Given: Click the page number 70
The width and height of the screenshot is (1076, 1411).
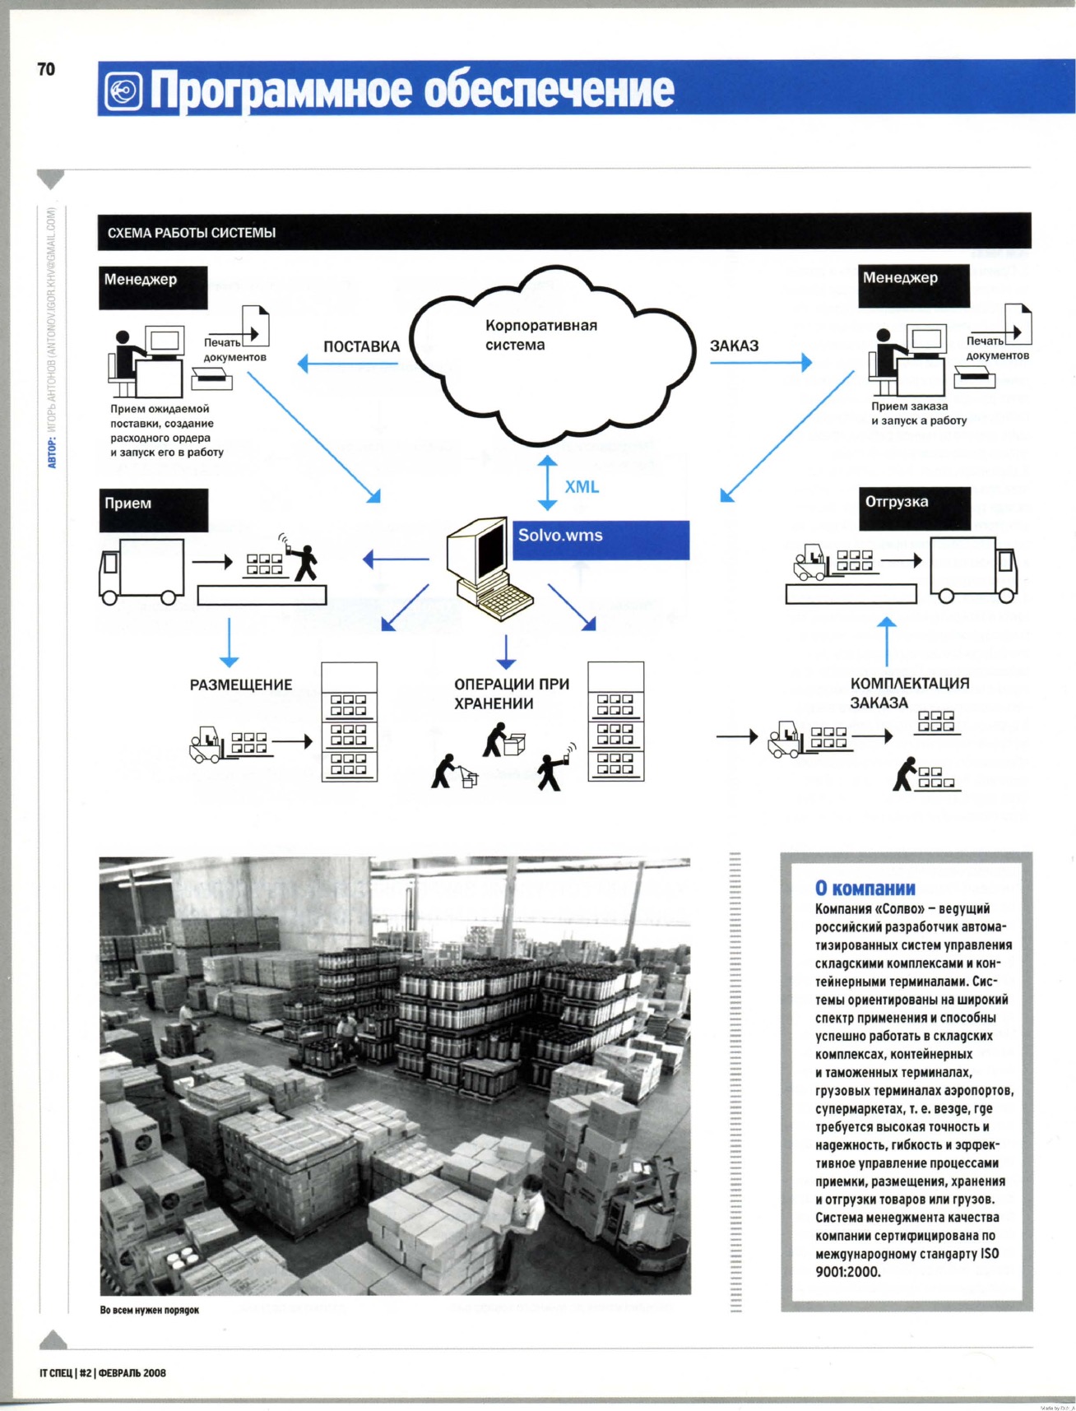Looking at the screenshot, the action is tap(46, 69).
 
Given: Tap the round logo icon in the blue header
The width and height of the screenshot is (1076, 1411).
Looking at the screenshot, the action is tap(123, 91).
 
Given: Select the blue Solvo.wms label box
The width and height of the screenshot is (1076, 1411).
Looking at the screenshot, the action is tap(601, 540).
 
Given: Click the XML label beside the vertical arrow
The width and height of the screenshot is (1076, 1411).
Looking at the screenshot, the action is tap(582, 487).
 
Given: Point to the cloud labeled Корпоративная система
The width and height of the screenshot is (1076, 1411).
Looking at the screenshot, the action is tap(551, 354).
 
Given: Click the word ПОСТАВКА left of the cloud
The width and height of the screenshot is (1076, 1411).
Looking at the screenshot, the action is tap(361, 347).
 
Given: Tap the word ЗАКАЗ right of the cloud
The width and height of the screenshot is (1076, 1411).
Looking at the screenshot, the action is tap(734, 346).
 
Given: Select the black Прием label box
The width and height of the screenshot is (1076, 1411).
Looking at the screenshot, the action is tap(154, 510).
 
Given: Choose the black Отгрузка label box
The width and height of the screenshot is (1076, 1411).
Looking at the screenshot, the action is tap(914, 508).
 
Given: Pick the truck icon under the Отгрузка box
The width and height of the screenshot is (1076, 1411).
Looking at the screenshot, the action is tap(974, 570).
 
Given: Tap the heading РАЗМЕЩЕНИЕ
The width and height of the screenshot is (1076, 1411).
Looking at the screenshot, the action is tap(241, 685).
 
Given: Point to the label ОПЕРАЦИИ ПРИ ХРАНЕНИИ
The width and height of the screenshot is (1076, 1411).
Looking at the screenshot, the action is tap(512, 694).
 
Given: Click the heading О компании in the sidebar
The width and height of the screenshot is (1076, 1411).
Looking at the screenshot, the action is tap(865, 889).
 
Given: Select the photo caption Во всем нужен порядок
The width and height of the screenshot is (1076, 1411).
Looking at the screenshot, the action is tap(150, 1310).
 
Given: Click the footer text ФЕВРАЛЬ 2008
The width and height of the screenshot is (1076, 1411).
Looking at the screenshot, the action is tap(132, 1372).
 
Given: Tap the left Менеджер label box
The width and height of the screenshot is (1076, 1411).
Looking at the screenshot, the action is tap(153, 287).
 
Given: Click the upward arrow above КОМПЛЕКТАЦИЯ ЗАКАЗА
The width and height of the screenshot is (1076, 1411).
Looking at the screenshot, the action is tap(886, 642).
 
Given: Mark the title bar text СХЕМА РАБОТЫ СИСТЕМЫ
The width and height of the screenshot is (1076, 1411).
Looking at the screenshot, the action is tap(192, 233).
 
